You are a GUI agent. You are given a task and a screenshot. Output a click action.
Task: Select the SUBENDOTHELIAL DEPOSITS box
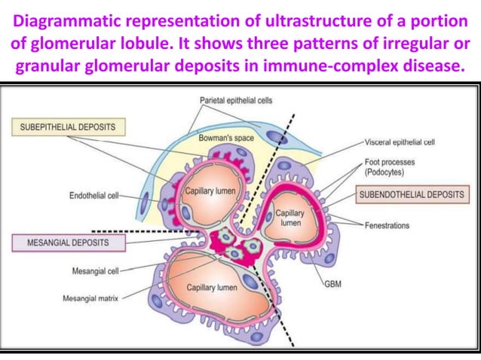click(x=411, y=194)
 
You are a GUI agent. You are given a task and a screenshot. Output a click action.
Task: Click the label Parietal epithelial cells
click(x=236, y=100)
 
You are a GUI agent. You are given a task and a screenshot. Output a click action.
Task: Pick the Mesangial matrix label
click(x=93, y=299)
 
